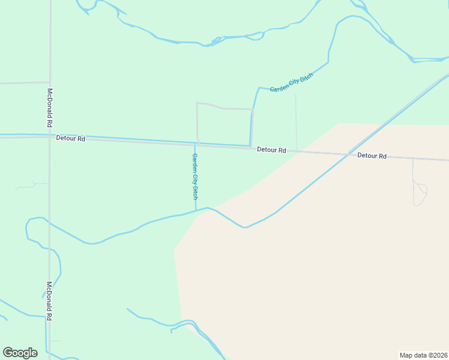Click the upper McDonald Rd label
50,107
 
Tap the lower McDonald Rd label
50,301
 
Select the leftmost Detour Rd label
70,139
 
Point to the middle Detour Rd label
271,150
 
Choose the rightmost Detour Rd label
372,156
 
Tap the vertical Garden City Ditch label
194,176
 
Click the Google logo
20,353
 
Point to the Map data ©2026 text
423,355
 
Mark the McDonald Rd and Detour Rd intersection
50,136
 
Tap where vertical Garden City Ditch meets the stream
196,211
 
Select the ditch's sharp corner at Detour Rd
250,146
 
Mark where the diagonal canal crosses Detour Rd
350,154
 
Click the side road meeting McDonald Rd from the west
24,83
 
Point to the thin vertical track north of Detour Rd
296,120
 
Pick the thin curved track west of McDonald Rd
30,185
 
